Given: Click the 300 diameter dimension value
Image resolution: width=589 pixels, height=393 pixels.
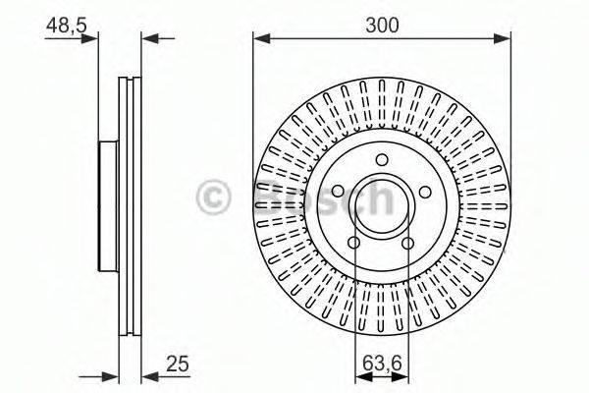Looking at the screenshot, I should click(383, 26).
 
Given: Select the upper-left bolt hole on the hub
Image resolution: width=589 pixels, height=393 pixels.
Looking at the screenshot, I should click(339, 190).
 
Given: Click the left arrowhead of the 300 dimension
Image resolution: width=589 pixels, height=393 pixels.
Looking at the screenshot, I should click(259, 40).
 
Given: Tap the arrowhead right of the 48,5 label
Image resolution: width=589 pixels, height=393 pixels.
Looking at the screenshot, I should click(93, 40).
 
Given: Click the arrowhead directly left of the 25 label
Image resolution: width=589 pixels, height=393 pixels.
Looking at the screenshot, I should click(148, 375).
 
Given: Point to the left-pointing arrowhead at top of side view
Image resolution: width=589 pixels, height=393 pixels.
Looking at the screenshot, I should click(148, 40).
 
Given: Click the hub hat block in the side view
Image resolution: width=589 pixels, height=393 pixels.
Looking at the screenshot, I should click(108, 205).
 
